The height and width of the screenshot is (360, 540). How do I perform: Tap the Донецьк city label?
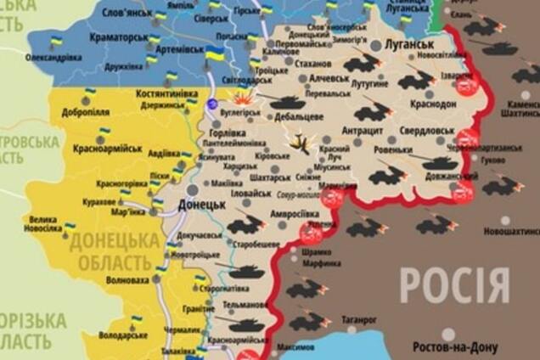tap(201, 205)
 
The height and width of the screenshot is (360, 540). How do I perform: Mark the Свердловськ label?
tap(427, 130)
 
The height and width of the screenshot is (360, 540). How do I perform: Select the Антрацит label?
tap(362, 130)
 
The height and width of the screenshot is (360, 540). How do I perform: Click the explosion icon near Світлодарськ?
tap(244, 97)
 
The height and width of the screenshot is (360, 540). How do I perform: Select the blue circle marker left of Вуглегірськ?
tap(212, 103)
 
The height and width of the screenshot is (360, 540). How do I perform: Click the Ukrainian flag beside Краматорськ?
tap(154, 39)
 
